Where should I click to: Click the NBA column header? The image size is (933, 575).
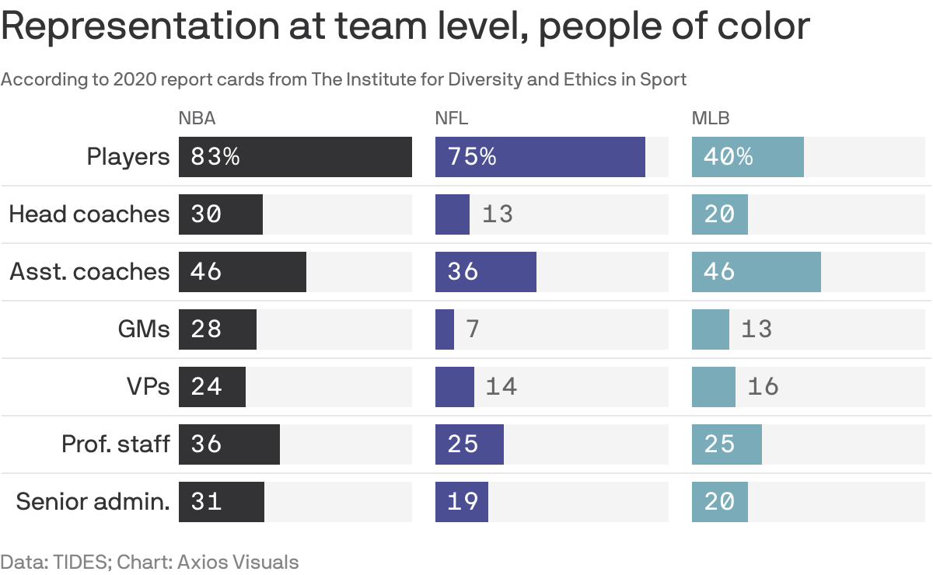point(197,119)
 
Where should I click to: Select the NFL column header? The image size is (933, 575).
point(452,119)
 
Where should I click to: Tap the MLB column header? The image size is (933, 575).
point(711,119)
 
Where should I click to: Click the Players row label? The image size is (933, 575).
point(128,157)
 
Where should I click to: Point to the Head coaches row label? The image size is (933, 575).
point(89,214)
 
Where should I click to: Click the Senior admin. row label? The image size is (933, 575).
point(93,501)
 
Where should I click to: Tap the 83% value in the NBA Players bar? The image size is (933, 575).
point(215,157)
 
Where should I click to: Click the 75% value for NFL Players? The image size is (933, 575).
point(471,157)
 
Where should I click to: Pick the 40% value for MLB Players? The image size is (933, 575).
point(728,157)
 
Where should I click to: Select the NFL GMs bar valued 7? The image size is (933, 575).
point(445,329)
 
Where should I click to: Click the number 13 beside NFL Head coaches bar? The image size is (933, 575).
point(498,214)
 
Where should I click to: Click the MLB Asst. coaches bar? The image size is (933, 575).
point(756,272)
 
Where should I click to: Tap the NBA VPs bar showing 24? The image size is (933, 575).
point(212,387)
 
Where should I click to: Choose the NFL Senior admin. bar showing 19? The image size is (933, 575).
point(462,502)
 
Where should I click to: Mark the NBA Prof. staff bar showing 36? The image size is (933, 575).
point(229,444)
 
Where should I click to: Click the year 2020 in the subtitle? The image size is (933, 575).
point(131,79)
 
